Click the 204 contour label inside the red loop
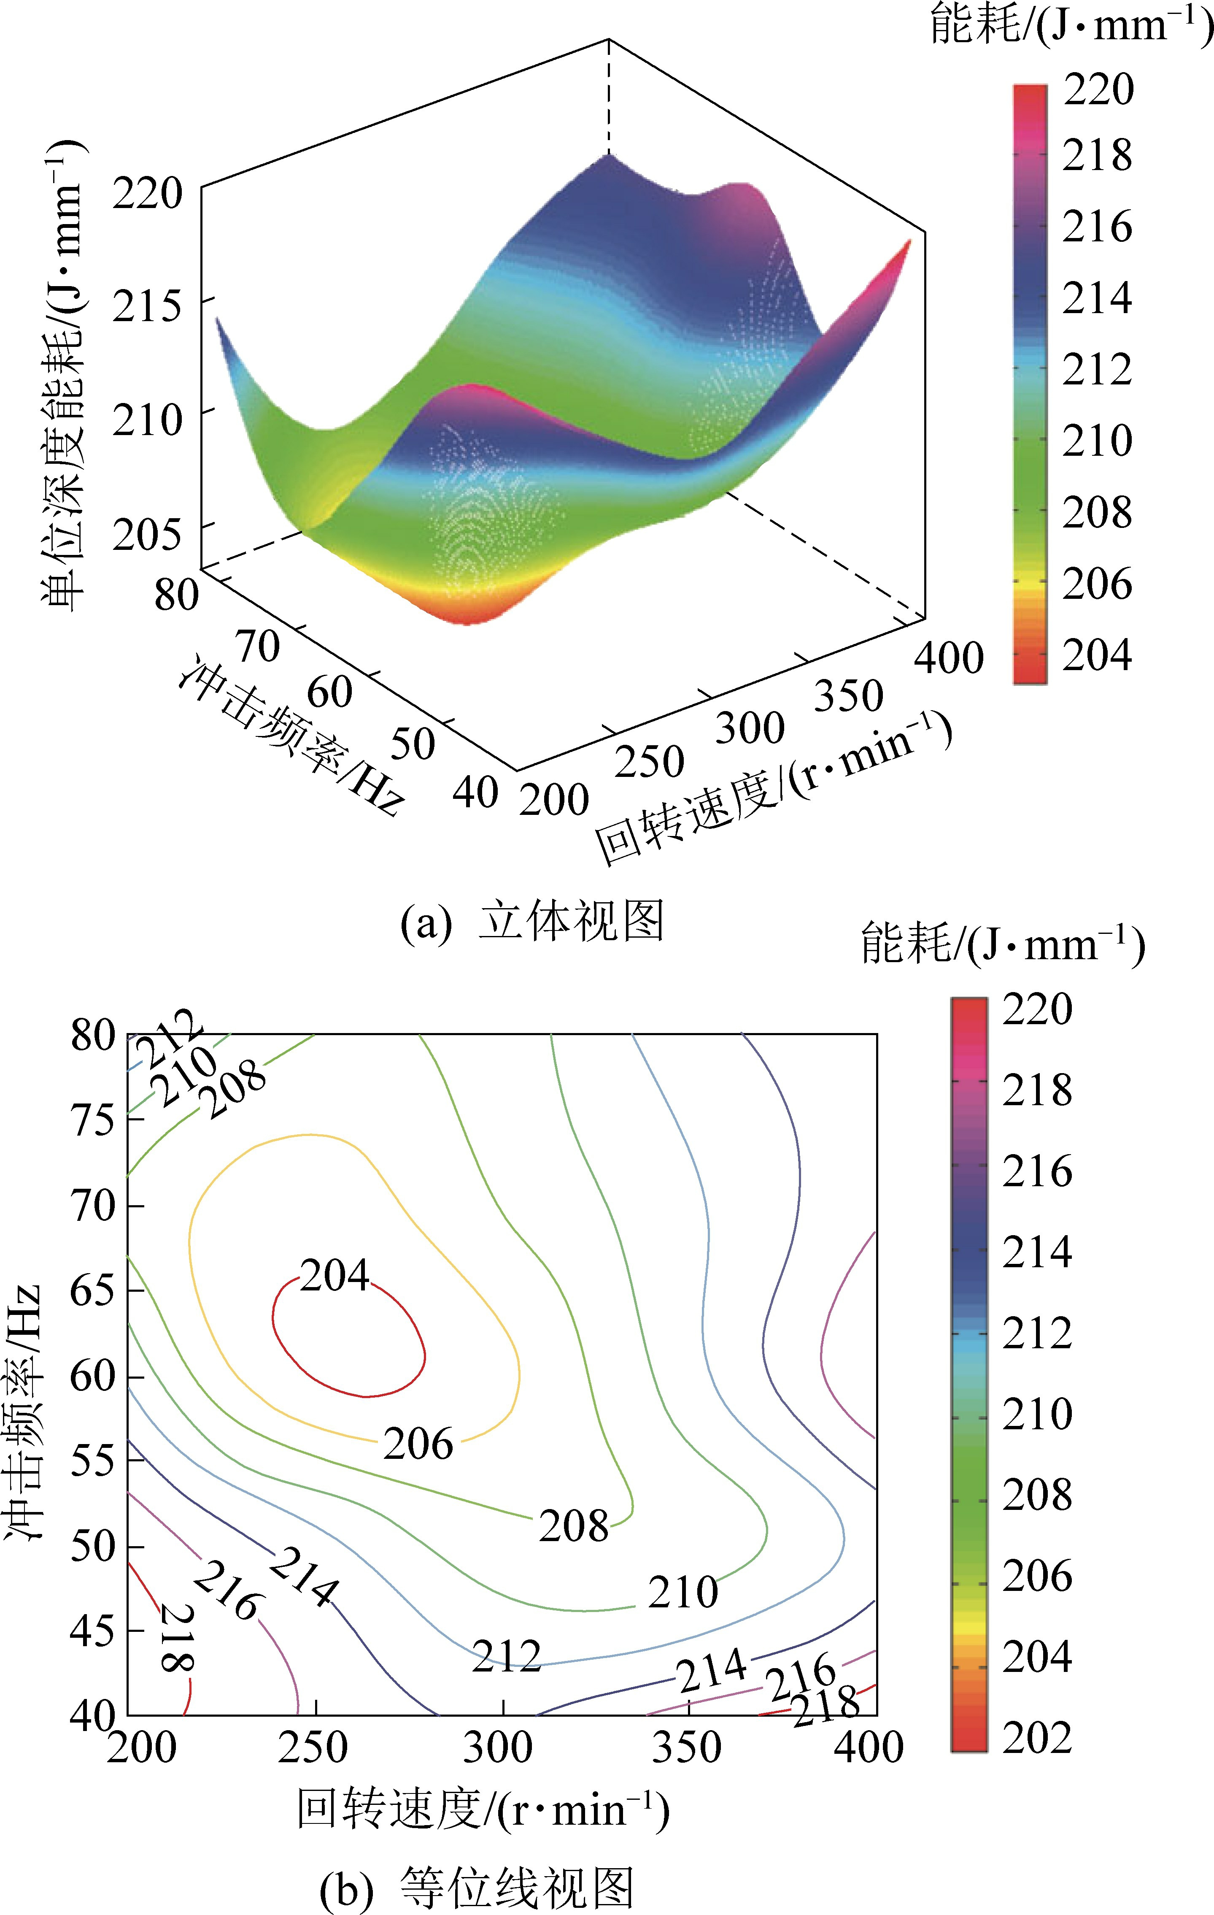(335, 1276)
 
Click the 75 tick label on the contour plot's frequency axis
(93, 1120)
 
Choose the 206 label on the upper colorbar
(1097, 584)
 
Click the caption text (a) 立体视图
(531, 922)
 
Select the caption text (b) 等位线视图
(477, 1887)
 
